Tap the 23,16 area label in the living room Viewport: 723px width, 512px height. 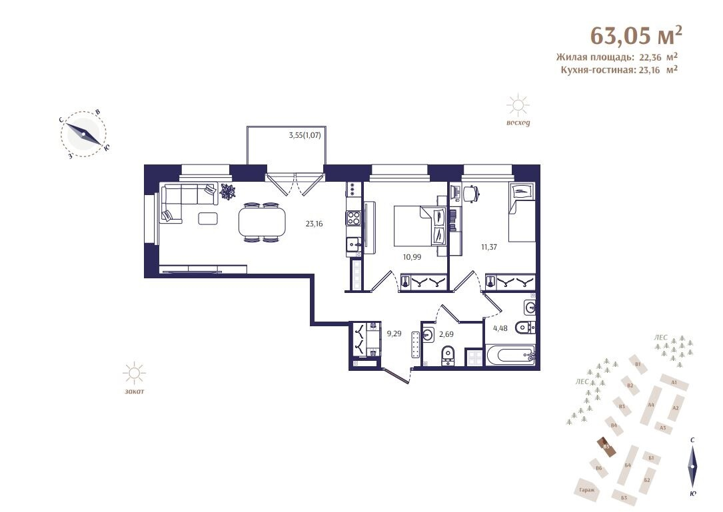[315, 224]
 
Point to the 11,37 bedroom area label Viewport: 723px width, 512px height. [490, 246]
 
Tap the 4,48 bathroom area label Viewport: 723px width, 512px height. [500, 327]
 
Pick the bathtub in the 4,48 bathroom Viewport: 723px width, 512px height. [510, 356]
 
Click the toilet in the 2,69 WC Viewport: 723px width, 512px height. [447, 354]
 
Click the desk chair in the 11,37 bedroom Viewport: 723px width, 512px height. [472, 192]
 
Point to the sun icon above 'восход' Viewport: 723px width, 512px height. [517, 106]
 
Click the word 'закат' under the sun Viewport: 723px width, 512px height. [134, 391]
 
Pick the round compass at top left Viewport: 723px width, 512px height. [83, 134]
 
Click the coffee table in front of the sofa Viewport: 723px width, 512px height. [208, 218]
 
